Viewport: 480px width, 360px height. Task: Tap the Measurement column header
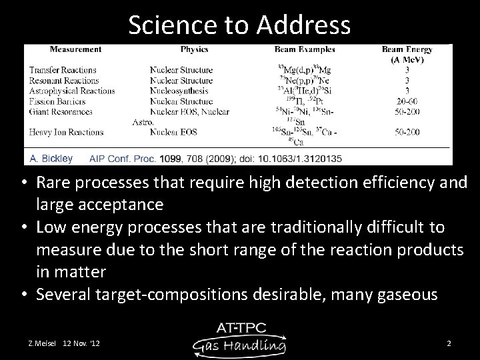click(x=75, y=49)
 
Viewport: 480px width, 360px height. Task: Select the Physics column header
click(x=194, y=49)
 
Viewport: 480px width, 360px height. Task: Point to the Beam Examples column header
click(x=305, y=49)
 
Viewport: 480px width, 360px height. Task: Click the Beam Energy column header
click(x=407, y=49)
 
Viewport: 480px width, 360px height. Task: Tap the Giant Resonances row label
click(x=61, y=111)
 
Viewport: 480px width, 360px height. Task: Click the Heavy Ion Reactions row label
click(x=65, y=133)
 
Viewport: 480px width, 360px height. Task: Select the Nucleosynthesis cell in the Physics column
click(x=181, y=91)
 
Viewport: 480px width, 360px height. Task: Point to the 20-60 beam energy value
click(x=407, y=101)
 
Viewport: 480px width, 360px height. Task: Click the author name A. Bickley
click(x=51, y=159)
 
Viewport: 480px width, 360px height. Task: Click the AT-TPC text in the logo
click(x=241, y=327)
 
